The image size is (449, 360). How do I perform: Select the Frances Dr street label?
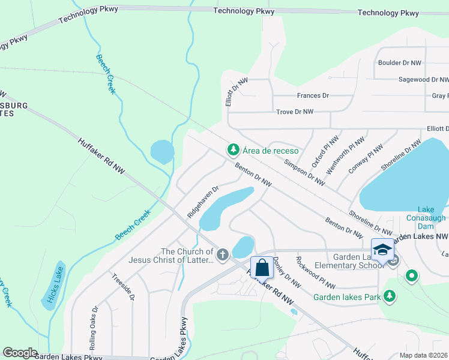coord(313,96)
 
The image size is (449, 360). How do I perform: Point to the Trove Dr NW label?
coord(295,112)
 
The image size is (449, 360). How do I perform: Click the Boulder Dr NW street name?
coord(399,63)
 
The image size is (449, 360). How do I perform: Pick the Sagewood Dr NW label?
coord(423,79)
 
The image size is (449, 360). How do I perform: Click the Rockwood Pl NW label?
coord(315,272)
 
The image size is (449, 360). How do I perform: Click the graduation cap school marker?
coord(382,248)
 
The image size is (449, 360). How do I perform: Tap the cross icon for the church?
coord(222,255)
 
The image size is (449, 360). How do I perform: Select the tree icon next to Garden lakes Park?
coord(390,296)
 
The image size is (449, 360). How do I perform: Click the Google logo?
coord(19,353)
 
